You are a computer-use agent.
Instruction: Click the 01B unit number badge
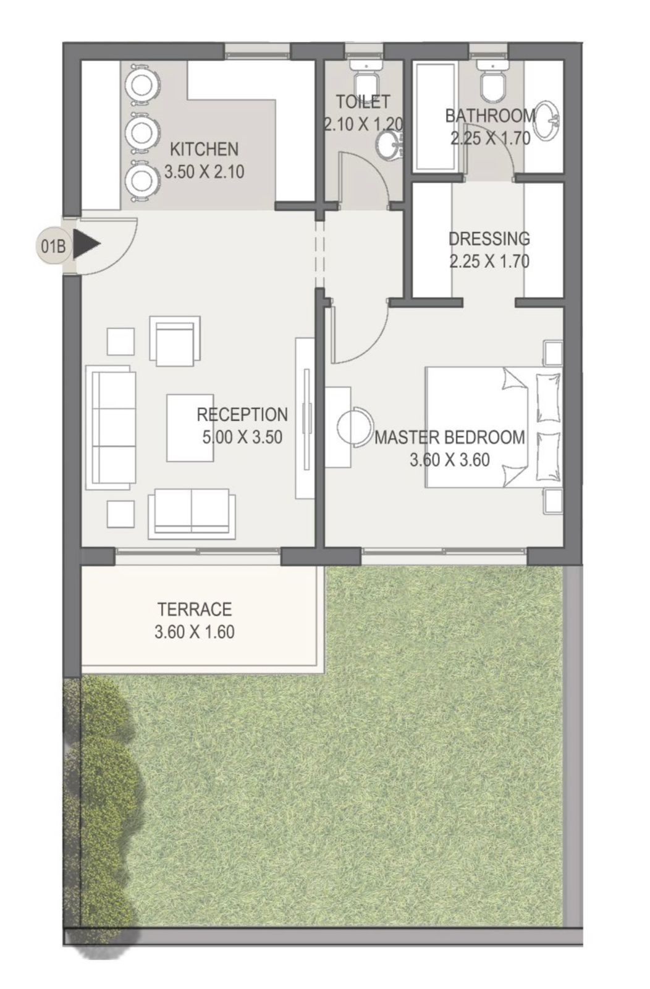53,246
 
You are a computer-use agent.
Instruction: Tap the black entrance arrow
87,244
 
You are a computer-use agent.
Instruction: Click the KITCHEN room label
204,149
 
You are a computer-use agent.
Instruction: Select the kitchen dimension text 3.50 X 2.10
204,171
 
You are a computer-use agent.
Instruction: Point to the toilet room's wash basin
390,145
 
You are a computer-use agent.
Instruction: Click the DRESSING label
489,239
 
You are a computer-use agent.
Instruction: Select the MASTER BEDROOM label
450,438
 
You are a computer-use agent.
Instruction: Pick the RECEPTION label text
242,415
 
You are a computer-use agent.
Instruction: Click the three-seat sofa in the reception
111,427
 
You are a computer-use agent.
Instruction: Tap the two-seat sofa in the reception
192,514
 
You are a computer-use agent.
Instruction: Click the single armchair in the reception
175,341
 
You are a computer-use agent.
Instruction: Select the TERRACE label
195,609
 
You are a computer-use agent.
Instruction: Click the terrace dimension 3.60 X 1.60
195,632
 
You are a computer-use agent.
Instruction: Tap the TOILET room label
363,102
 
